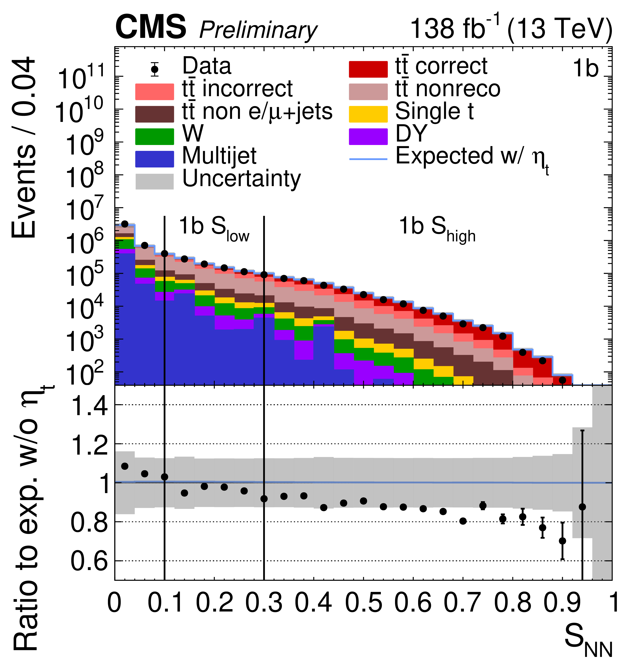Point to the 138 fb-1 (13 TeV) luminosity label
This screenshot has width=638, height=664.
(x=511, y=29)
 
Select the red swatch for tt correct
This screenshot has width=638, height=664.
(x=368, y=69)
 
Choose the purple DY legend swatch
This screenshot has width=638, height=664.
(x=368, y=136)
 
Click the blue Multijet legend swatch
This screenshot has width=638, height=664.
(x=154, y=159)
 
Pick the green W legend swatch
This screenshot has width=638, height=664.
(x=154, y=136)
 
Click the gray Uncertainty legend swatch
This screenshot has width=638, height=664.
(x=154, y=181)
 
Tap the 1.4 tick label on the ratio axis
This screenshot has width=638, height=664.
(x=90, y=405)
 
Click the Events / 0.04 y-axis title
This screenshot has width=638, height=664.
(x=24, y=147)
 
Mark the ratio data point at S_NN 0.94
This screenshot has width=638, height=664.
(x=582, y=507)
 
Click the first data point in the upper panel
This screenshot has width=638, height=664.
(x=125, y=224)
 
